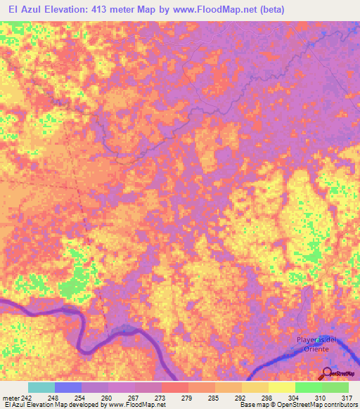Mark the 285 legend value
click(212, 396)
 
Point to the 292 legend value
click(238, 396)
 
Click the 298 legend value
click(265, 396)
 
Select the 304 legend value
click(292, 396)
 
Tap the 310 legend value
click(319, 396)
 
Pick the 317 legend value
click(345, 396)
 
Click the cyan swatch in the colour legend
click(41, 387)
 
